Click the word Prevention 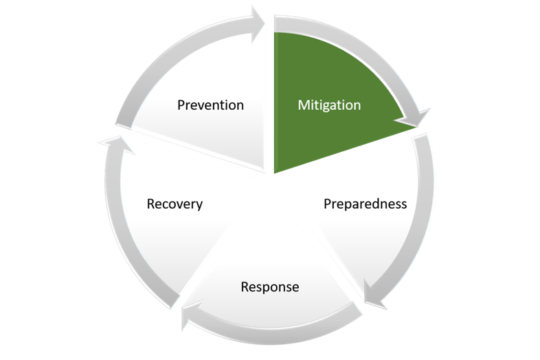coord(210,105)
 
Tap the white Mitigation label coord(329,105)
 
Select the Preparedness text coord(365,204)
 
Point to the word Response coord(270,286)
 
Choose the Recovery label coord(175,204)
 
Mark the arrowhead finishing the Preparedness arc coord(374,300)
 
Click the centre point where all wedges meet coord(270,180)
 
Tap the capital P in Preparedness coord(327,204)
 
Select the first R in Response coord(245,286)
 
